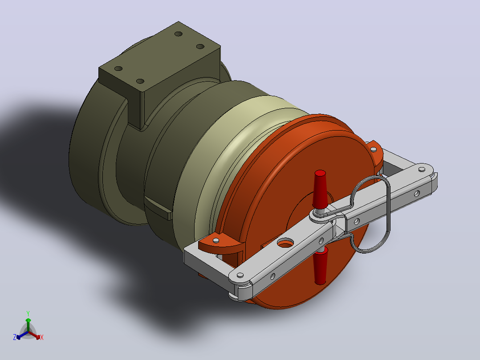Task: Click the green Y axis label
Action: (x=28, y=313)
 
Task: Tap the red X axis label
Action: (x=42, y=337)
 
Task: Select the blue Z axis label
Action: (x=15, y=337)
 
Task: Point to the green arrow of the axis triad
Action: (x=28, y=325)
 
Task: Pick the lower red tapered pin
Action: (x=320, y=266)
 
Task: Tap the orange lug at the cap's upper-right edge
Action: (x=375, y=153)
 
